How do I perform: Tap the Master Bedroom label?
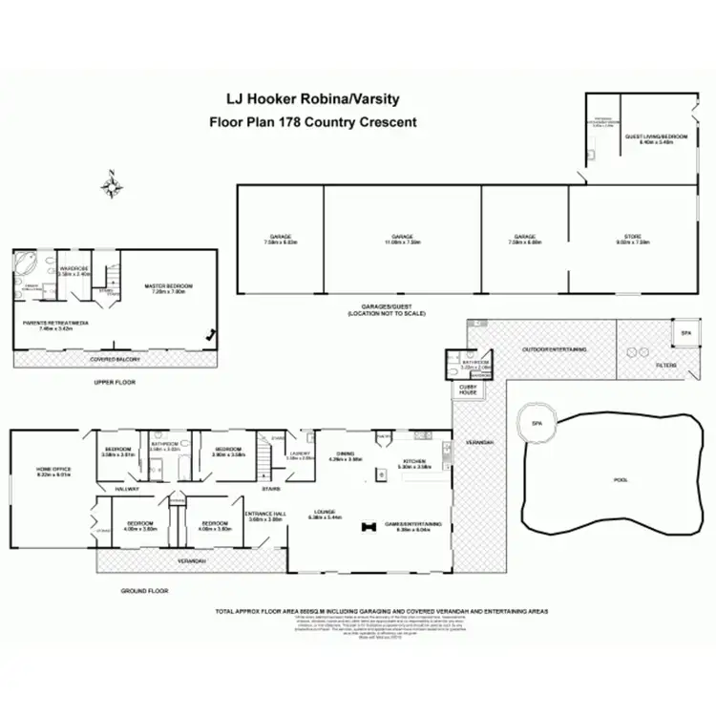(168, 286)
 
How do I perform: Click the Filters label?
(665, 366)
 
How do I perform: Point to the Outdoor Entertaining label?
(554, 349)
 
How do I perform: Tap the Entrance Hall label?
(267, 515)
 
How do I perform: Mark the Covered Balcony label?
(115, 359)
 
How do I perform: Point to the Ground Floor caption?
(144, 591)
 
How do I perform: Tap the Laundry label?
(300, 453)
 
